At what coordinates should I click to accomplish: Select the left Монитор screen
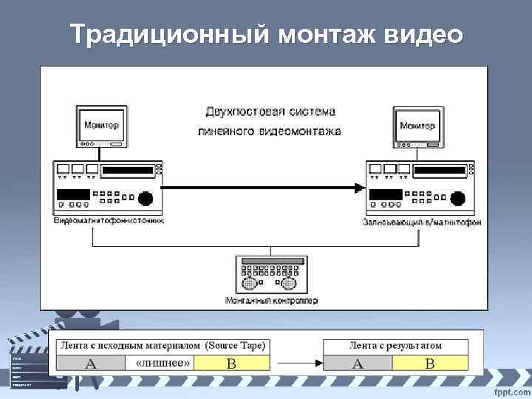[103, 126]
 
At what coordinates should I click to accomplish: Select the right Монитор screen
[417, 126]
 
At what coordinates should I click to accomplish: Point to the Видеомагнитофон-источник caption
[109, 220]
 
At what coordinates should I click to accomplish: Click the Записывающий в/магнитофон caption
[422, 222]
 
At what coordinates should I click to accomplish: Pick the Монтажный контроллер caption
[271, 300]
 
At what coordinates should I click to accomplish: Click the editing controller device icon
[271, 275]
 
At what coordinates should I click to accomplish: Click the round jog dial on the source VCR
[146, 198]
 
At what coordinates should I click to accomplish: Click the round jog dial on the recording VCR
[460, 198]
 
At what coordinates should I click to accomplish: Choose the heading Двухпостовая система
[270, 112]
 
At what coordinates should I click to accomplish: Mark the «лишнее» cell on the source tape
[163, 363]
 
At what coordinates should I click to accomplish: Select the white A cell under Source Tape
[91, 363]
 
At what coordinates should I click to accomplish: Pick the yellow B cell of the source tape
[231, 363]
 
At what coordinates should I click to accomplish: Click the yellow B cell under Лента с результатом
[431, 363]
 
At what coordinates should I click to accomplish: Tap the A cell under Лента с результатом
[358, 363]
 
